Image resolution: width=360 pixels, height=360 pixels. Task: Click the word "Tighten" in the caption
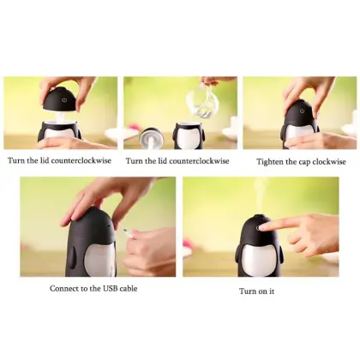pyautogui.click(x=268, y=162)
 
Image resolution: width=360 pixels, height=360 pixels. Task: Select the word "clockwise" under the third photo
pyautogui.click(x=329, y=162)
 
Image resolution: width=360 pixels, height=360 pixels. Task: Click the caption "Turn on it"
pyautogui.click(x=256, y=291)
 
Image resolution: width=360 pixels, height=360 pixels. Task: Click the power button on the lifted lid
pyautogui.click(x=64, y=100)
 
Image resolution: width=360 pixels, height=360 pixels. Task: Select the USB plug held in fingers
pyautogui.click(x=129, y=232)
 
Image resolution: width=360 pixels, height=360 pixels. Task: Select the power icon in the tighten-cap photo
pyautogui.click(x=302, y=111)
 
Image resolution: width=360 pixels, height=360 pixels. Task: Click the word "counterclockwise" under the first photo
pyautogui.click(x=81, y=160)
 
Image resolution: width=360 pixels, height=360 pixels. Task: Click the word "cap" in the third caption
pyautogui.click(x=304, y=163)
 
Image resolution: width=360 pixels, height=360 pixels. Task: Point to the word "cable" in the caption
pyautogui.click(x=129, y=288)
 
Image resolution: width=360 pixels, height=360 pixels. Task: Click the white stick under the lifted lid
pyautogui.click(x=62, y=117)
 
